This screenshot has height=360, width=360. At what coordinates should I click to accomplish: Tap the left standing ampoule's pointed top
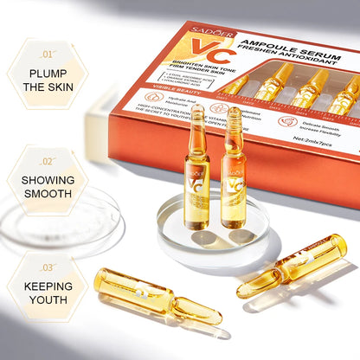(197, 111)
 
